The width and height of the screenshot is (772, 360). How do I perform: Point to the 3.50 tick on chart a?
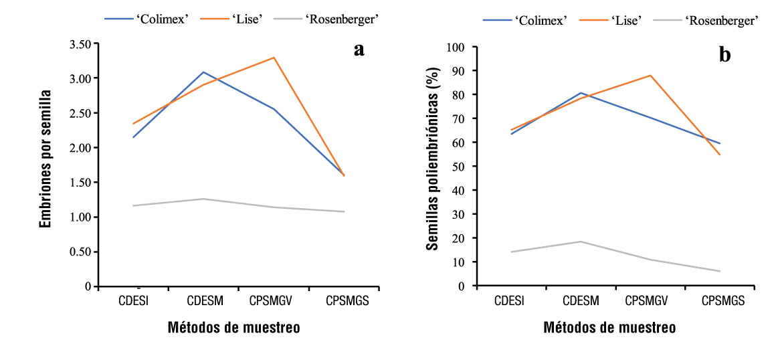[x=78, y=44]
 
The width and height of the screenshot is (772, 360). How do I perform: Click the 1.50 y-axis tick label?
[x=78, y=182]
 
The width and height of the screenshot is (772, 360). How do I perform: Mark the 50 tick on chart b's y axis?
[x=460, y=166]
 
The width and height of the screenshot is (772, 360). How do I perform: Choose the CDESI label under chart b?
[x=510, y=301]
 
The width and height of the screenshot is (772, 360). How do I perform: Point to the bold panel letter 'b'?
[x=725, y=55]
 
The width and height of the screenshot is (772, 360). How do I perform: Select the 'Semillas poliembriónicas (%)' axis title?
[x=433, y=159]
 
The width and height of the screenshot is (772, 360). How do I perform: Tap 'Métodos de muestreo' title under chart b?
[x=609, y=328]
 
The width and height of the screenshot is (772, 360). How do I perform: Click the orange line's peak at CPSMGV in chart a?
[x=274, y=58]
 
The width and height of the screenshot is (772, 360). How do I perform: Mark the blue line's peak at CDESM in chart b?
[x=580, y=93]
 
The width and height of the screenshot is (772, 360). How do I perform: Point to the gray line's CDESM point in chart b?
[x=580, y=242]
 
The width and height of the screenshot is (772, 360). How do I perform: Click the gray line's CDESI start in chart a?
[x=134, y=205]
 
